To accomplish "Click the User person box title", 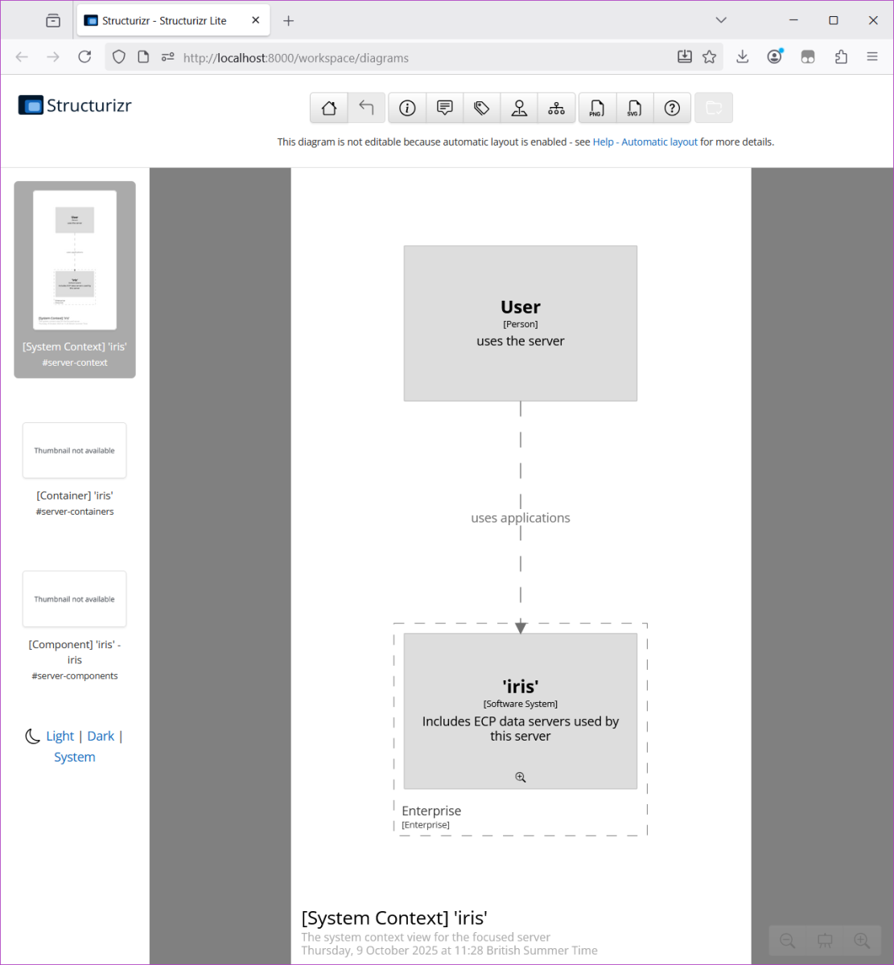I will pyautogui.click(x=521, y=307).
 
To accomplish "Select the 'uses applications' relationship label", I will pyautogui.click(x=521, y=518).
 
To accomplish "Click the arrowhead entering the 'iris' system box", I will pyautogui.click(x=521, y=627).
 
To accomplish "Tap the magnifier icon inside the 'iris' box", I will pyautogui.click(x=521, y=777).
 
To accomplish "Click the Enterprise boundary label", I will pyautogui.click(x=431, y=811).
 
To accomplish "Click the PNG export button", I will pyautogui.click(x=596, y=108).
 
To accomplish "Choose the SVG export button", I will pyautogui.click(x=634, y=108).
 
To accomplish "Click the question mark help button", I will pyautogui.click(x=672, y=108).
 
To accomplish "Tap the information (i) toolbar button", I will pyautogui.click(x=407, y=108).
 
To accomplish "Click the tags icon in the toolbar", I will pyautogui.click(x=482, y=108).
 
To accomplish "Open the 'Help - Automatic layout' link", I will pyautogui.click(x=645, y=142).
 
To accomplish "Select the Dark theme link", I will pyautogui.click(x=101, y=736).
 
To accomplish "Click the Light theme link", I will pyautogui.click(x=60, y=736).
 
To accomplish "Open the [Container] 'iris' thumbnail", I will pyautogui.click(x=75, y=450).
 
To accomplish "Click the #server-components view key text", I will pyautogui.click(x=75, y=676).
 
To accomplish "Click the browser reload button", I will pyautogui.click(x=84, y=56).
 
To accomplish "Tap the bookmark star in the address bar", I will pyautogui.click(x=709, y=56).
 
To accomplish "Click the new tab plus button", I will pyautogui.click(x=289, y=21).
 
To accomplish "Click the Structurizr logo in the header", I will pyautogui.click(x=75, y=105).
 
